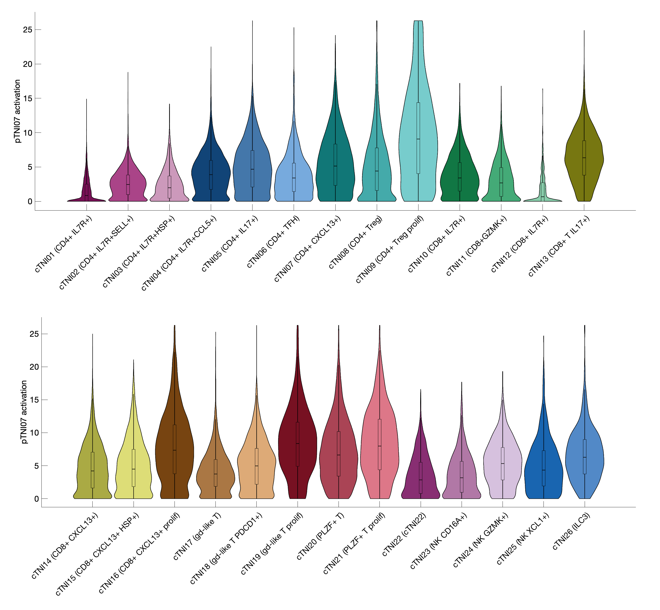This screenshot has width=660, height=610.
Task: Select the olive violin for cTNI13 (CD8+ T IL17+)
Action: point(584,158)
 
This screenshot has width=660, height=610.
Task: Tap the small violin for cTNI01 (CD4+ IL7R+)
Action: point(86,192)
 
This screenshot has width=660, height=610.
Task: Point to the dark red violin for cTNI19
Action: point(298,446)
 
